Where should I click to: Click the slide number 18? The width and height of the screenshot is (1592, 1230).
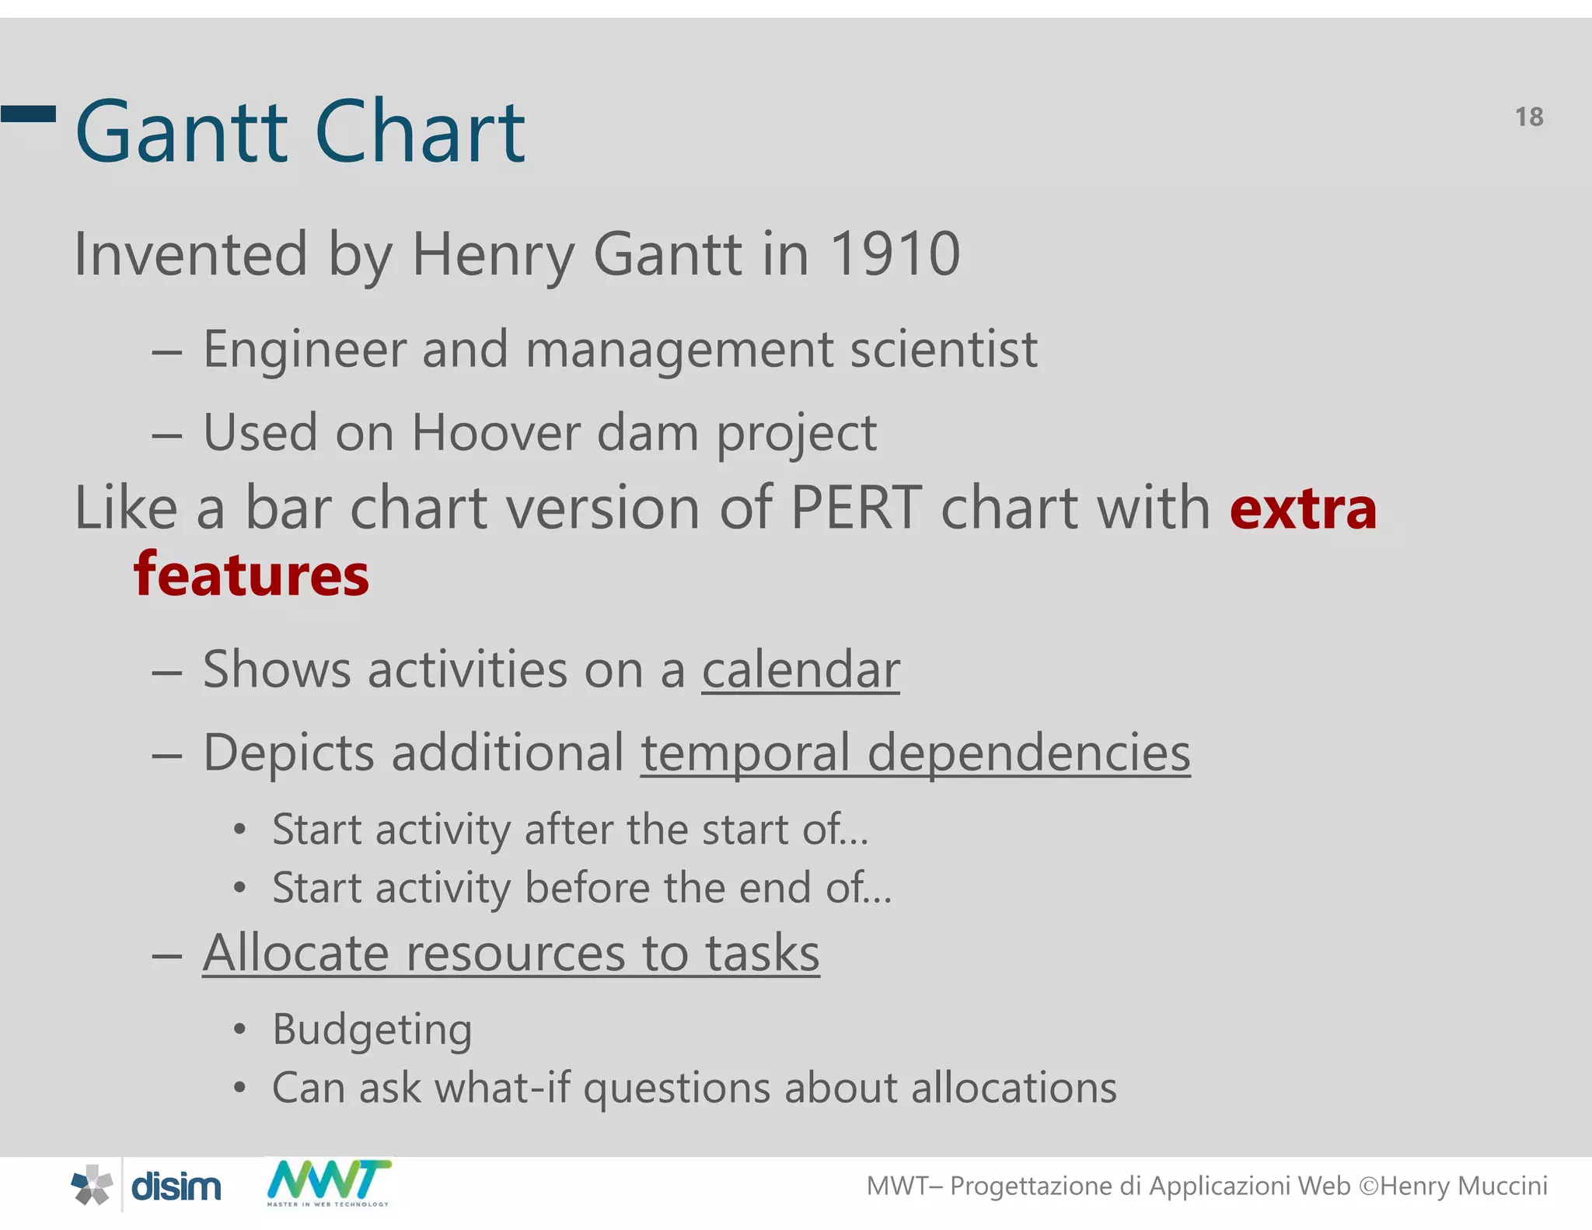tap(1528, 117)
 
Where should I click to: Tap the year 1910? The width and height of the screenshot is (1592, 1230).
tap(895, 254)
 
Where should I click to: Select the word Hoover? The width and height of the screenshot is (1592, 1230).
tap(495, 432)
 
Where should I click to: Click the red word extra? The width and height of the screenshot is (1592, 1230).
tap(1303, 509)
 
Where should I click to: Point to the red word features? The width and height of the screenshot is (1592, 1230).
tap(251, 575)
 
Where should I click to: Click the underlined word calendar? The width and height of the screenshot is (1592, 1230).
tap(801, 669)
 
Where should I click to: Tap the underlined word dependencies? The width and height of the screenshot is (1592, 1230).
tap(1028, 753)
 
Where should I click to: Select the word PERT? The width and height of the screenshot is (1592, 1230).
tap(856, 508)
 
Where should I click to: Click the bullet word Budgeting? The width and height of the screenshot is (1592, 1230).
tap(372, 1030)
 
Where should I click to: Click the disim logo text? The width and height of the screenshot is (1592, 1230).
tap(176, 1186)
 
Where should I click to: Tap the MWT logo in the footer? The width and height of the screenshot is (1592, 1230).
tap(328, 1182)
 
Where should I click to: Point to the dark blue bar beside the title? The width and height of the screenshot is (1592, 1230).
tap(29, 114)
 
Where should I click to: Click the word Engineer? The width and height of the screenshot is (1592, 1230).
tap(304, 349)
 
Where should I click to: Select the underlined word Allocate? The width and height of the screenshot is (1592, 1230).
tap(295, 953)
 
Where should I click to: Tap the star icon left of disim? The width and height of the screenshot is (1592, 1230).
tap(93, 1186)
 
